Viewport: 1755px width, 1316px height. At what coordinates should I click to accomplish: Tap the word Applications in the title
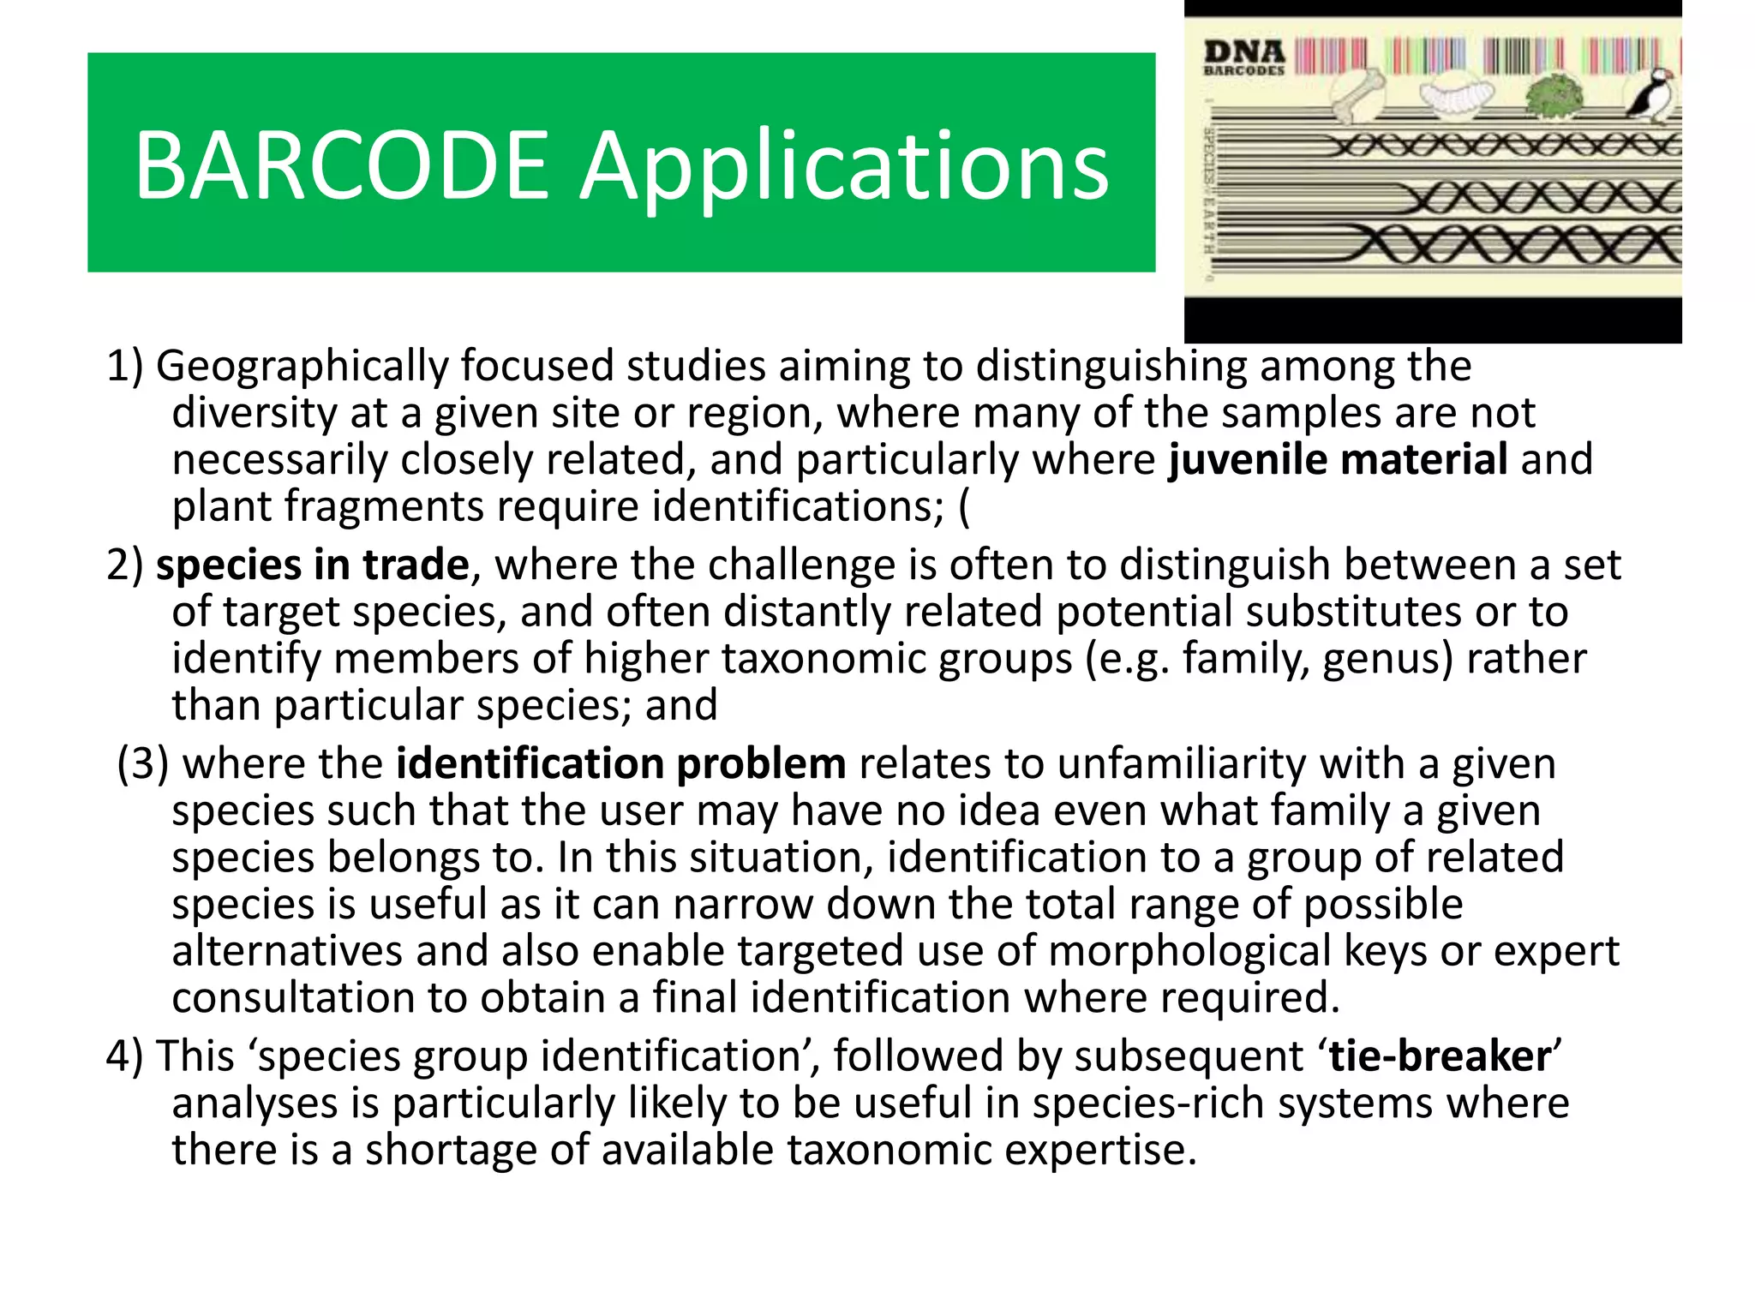[x=844, y=170]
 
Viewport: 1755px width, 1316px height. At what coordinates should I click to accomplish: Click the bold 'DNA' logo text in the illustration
[x=1244, y=52]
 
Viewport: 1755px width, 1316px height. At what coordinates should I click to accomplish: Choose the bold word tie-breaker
[x=1440, y=1056]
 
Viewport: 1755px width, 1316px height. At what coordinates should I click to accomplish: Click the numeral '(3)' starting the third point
[x=143, y=764]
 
